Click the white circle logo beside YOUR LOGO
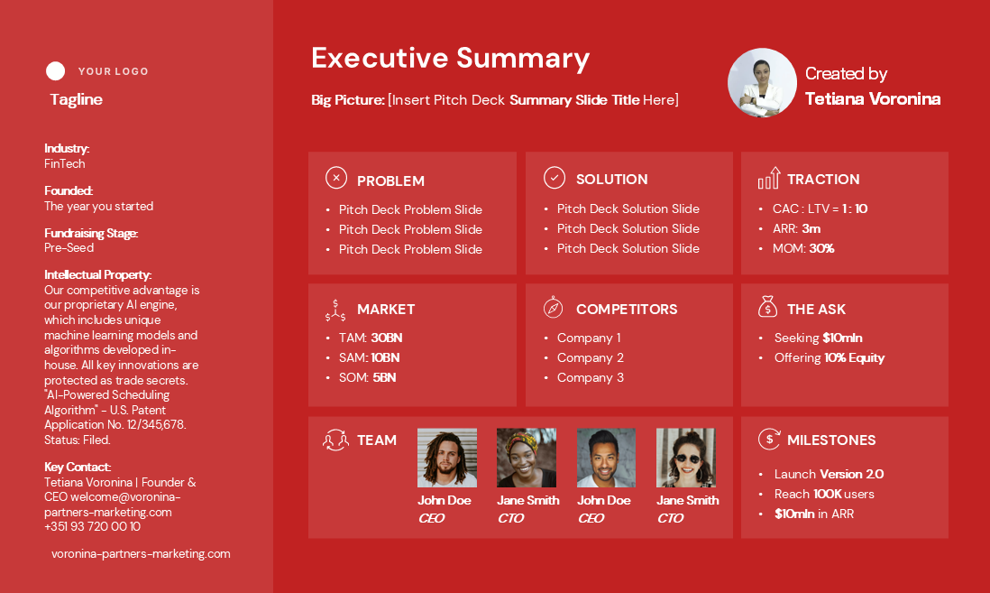point(56,70)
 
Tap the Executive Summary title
point(450,58)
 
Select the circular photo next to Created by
point(762,83)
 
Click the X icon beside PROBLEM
point(336,179)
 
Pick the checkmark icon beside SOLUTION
point(555,178)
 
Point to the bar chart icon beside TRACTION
point(769,179)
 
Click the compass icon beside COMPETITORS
point(553,307)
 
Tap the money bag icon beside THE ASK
point(768,307)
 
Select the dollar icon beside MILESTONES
point(769,439)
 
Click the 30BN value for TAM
point(387,338)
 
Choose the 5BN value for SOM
point(384,378)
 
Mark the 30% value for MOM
point(821,248)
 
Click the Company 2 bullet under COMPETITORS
point(591,357)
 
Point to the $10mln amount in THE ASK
point(842,338)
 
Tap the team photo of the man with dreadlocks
point(447,458)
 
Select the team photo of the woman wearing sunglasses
point(685,458)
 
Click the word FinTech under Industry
point(64,163)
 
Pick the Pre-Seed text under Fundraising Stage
point(69,248)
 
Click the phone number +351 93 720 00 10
point(92,526)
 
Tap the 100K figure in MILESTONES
point(828,495)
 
